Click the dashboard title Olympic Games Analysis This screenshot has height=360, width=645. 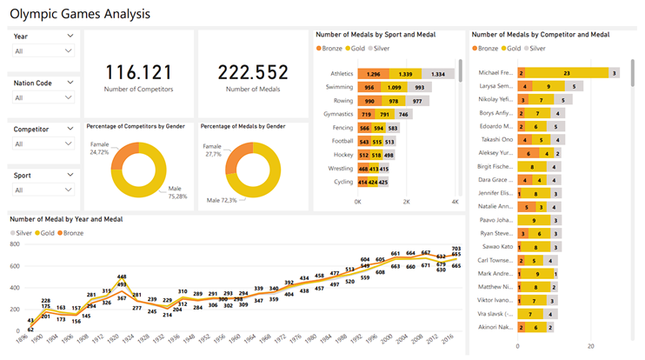point(79,14)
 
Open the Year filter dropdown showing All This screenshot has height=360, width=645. point(43,51)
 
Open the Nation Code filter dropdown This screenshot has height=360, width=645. point(43,97)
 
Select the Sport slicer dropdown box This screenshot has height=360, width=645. point(43,190)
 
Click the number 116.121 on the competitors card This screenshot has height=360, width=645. point(139,72)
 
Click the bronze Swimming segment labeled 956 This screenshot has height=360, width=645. point(369,88)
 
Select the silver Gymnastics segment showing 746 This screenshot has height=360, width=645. point(404,114)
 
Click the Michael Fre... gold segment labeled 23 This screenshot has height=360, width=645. point(567,73)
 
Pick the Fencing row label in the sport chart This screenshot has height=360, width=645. point(342,127)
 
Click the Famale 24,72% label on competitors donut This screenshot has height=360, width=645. point(101,148)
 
